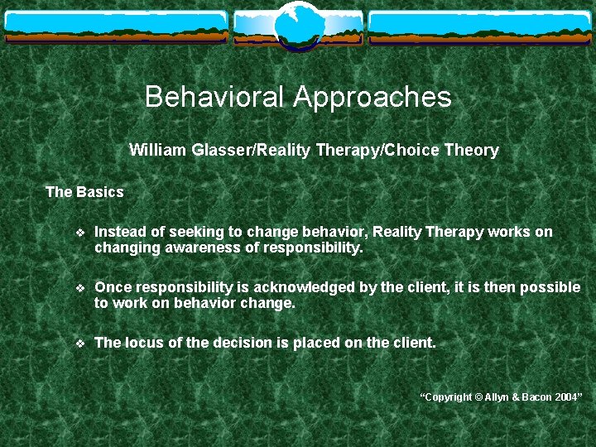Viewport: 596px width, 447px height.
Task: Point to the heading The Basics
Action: pos(84,192)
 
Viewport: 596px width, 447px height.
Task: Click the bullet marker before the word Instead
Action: pos(79,233)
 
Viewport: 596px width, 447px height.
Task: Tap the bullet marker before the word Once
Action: pos(79,288)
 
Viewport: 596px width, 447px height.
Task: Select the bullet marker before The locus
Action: pos(79,343)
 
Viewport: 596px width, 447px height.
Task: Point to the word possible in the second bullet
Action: pos(552,287)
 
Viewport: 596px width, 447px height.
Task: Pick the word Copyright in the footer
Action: pos(448,398)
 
